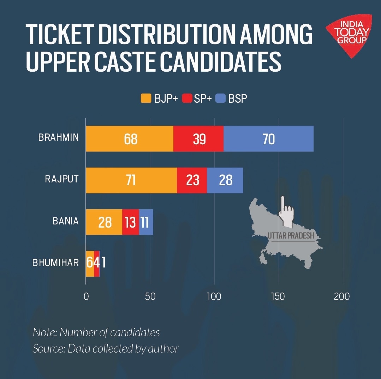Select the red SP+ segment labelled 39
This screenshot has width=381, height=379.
(x=198, y=139)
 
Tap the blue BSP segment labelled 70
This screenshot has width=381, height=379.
(x=268, y=139)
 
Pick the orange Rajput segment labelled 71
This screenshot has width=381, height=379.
(x=131, y=180)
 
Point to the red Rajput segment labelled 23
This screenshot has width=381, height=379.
(x=192, y=180)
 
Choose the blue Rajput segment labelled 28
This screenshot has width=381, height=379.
(x=225, y=180)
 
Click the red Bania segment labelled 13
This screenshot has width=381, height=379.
(x=130, y=222)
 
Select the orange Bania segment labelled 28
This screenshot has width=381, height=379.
(x=104, y=222)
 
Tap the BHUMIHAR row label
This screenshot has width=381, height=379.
(x=55, y=263)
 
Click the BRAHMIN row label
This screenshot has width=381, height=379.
(x=58, y=138)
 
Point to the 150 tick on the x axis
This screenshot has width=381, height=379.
(x=278, y=296)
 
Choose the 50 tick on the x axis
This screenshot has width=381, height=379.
(x=150, y=296)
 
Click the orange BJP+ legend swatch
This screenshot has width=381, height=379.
(x=146, y=98)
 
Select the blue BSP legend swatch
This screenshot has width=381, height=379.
(x=221, y=98)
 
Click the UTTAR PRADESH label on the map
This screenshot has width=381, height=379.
(x=291, y=236)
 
